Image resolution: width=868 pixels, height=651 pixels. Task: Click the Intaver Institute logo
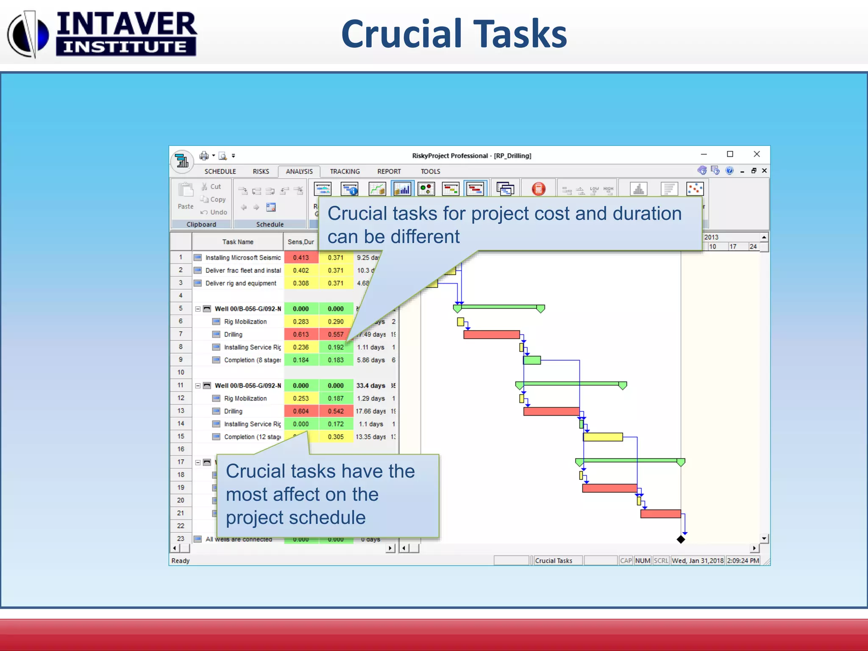pyautogui.click(x=102, y=34)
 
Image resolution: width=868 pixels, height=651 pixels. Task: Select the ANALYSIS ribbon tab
pyautogui.click(x=299, y=171)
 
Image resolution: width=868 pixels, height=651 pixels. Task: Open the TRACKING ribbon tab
pyautogui.click(x=345, y=171)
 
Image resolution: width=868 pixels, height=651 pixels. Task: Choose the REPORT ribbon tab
pyautogui.click(x=389, y=171)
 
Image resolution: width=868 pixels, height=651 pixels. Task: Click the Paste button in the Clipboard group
pyautogui.click(x=186, y=196)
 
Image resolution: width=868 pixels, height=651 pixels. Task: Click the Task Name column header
pyautogui.click(x=237, y=242)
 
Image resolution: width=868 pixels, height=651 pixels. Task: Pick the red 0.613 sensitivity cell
pyautogui.click(x=300, y=334)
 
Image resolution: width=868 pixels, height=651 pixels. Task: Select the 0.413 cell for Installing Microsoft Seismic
pyautogui.click(x=300, y=258)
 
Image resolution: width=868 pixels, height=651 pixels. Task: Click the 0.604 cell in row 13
pyautogui.click(x=300, y=411)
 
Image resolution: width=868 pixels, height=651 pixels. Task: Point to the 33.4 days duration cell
pyautogui.click(x=370, y=386)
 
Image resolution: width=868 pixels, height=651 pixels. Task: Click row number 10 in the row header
pyautogui.click(x=181, y=373)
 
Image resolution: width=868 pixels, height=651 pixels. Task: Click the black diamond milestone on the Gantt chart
pyautogui.click(x=681, y=540)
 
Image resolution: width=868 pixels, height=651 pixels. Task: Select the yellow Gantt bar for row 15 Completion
pyautogui.click(x=603, y=437)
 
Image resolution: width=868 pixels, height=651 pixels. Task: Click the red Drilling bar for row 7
pyautogui.click(x=491, y=335)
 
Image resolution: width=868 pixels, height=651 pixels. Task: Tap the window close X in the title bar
pyautogui.click(x=757, y=154)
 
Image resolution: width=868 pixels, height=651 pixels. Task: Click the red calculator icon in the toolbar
pyautogui.click(x=538, y=189)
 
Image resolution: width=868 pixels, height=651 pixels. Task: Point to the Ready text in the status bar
pyautogui.click(x=181, y=561)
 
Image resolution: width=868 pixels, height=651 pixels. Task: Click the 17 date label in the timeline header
pyautogui.click(x=733, y=247)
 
